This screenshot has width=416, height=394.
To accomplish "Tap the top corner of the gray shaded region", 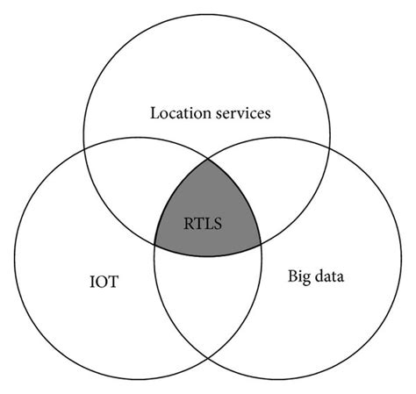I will click(x=208, y=159).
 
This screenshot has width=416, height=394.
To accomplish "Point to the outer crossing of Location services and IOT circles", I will click(x=84, y=147).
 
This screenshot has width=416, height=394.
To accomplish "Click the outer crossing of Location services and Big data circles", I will click(x=332, y=147).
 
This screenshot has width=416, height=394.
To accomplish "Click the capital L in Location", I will click(x=154, y=113).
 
